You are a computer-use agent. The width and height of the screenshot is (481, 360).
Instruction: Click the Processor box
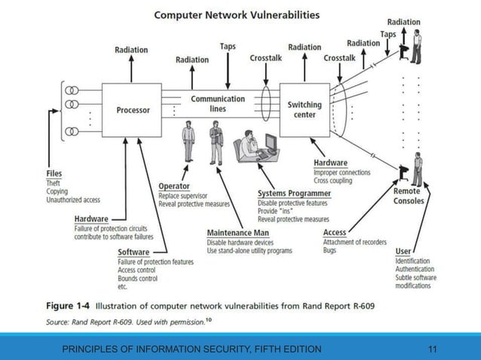[133, 110]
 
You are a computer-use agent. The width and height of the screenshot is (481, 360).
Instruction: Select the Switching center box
[305, 110]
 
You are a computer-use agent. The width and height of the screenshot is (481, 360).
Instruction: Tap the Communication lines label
[217, 103]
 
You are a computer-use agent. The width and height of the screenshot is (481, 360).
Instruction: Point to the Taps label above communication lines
[227, 47]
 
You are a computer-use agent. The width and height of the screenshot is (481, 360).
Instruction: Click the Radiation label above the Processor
[131, 50]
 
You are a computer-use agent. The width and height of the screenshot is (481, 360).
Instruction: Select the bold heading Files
[54, 173]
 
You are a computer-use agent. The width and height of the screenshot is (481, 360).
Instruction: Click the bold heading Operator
[173, 186]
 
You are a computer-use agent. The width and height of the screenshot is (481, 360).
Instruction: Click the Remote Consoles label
[409, 196]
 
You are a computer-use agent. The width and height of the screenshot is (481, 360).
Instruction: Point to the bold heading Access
[335, 233]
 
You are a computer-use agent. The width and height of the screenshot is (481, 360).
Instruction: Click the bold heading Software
[133, 252]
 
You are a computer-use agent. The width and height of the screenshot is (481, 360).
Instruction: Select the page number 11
[433, 349]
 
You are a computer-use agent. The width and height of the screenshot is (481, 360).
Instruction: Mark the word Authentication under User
[415, 269]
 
